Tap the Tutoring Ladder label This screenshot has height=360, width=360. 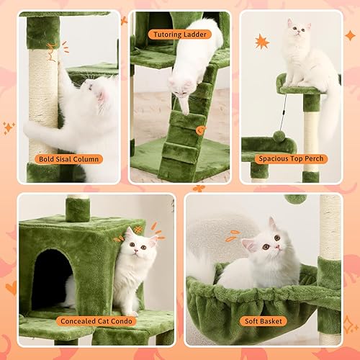click(179, 34)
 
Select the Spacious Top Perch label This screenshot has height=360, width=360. click(293, 158)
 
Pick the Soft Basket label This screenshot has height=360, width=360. click(264, 320)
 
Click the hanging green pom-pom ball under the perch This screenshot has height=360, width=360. click(278, 137)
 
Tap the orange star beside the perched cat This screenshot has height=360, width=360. click(261, 41)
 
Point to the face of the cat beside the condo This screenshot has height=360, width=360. click(136, 248)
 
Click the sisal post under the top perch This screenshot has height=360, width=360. click(311, 137)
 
